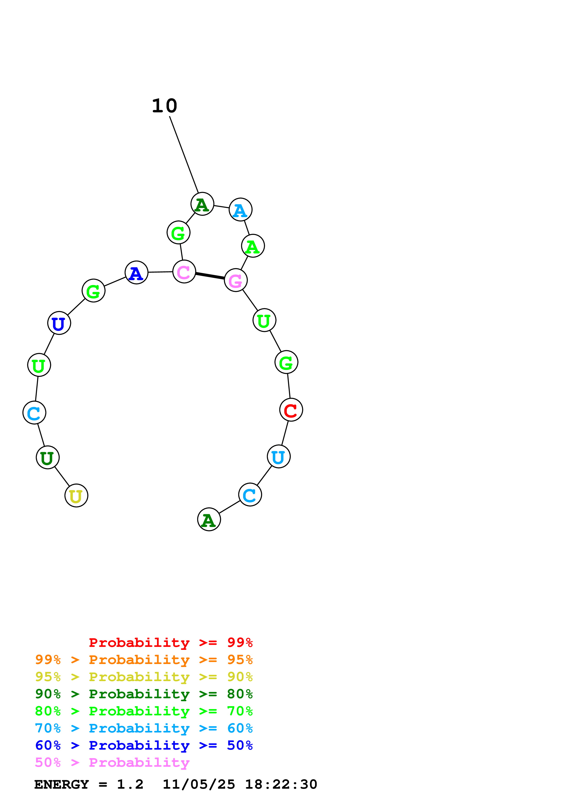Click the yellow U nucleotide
(76, 495)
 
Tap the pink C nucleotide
(184, 271)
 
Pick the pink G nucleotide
(236, 280)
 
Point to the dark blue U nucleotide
(59, 323)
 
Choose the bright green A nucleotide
(253, 246)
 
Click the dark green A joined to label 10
(202, 204)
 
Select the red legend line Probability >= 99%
(170, 643)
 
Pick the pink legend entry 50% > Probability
(112, 762)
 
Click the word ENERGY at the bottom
(62, 784)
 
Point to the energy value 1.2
(130, 784)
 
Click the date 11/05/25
(199, 784)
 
